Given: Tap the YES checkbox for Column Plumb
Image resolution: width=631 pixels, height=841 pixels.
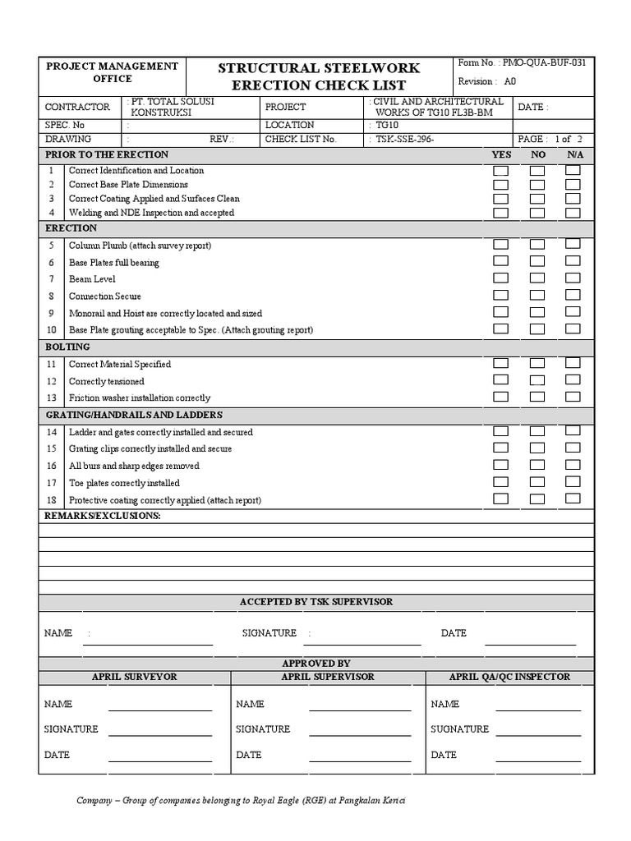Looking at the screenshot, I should [x=500, y=245].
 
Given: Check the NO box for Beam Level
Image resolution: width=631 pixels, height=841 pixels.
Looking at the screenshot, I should [x=537, y=278].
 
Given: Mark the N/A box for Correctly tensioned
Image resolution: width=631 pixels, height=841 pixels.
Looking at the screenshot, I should [x=573, y=379].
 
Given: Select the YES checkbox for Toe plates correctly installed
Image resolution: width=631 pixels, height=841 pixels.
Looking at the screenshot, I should [x=500, y=482].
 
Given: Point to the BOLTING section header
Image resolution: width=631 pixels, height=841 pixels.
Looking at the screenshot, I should [x=67, y=347].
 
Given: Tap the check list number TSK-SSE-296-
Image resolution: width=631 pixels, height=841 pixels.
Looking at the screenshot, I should [x=404, y=139].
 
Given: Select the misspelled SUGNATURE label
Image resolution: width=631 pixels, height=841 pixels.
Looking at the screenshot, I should [x=459, y=728].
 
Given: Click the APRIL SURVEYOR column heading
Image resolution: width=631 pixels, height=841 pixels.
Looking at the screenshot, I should [x=134, y=677].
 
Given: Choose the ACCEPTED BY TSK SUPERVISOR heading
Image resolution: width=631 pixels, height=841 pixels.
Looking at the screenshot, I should [x=316, y=602].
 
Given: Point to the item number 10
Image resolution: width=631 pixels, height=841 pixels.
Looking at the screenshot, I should [x=51, y=329].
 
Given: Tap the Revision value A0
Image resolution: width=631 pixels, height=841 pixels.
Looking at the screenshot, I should [x=510, y=81].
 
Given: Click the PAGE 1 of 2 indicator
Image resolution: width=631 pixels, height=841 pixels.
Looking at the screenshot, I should [x=550, y=139].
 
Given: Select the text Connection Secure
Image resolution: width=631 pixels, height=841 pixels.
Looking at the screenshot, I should [x=105, y=296].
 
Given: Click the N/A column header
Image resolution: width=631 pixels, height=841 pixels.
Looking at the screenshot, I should [x=574, y=154].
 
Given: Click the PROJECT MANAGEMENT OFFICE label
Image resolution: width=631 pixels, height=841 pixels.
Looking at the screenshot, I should [x=112, y=72].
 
